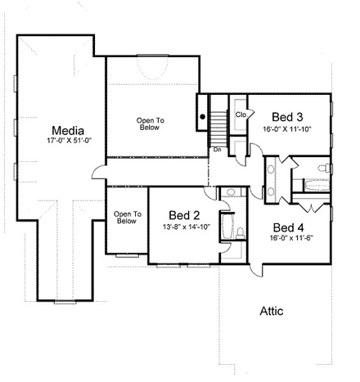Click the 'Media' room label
(x=66, y=130)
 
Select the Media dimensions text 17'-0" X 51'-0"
(x=66, y=142)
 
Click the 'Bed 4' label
(x=289, y=227)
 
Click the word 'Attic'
(x=272, y=311)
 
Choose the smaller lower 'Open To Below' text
(x=126, y=218)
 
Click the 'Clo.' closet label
(x=241, y=115)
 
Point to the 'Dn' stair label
(x=218, y=150)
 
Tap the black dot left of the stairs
(x=202, y=116)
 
